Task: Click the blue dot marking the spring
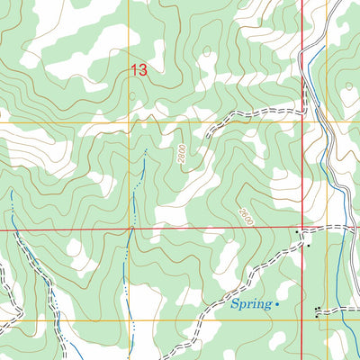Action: tap(277, 305)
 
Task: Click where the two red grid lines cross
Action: tap(301, 229)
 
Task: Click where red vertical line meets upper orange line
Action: tap(301, 121)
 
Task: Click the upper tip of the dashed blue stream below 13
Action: tap(144, 149)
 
